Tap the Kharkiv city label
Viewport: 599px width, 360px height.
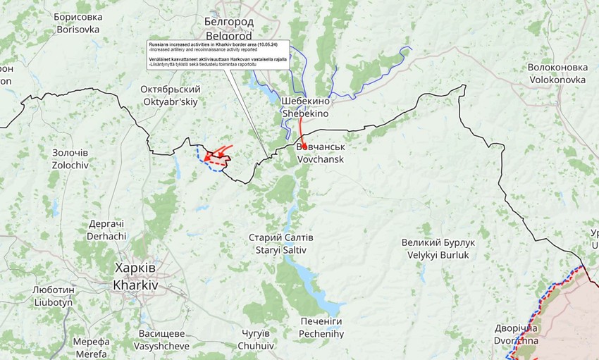[x=135, y=278]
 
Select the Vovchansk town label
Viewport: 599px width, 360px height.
[x=321, y=154]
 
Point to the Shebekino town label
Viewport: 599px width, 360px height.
[x=305, y=106]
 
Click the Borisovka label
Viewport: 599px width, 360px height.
[x=78, y=23]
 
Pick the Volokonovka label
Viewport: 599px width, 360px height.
[x=557, y=73]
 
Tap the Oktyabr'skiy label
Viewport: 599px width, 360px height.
[x=170, y=95]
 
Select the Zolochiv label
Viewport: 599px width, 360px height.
[x=70, y=159]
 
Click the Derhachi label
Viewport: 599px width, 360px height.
[x=107, y=230]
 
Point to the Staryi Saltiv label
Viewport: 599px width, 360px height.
[x=281, y=244]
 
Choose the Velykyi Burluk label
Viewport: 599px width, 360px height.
[x=438, y=249]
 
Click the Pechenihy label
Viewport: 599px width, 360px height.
[x=321, y=327]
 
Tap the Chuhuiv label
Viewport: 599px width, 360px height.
[x=256, y=339]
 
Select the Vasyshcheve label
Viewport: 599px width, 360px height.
[x=163, y=340]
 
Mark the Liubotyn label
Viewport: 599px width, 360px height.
[x=53, y=296]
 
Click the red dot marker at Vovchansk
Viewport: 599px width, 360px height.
[x=304, y=146]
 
